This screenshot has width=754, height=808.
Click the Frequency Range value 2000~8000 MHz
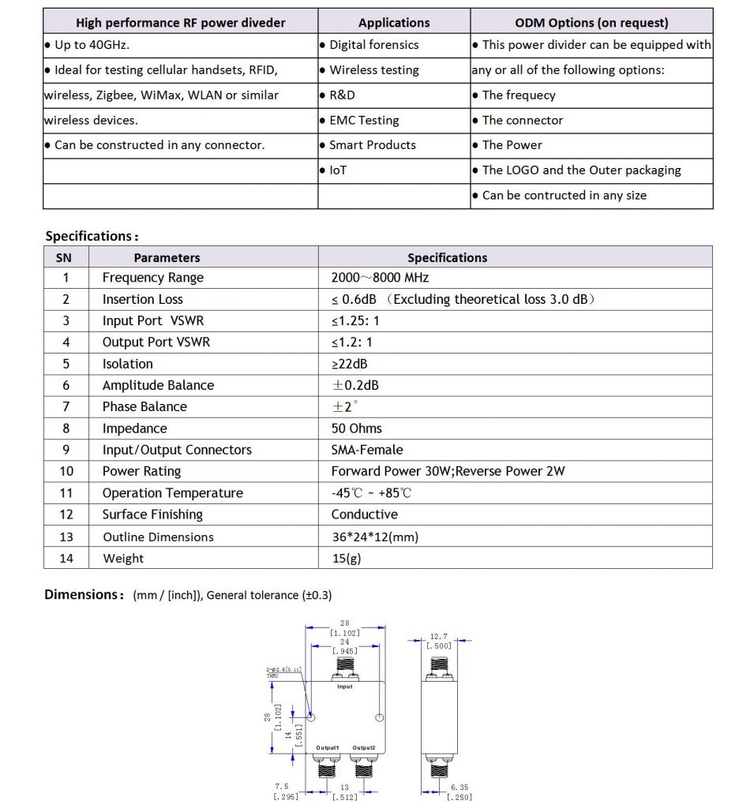pyautogui.click(x=380, y=278)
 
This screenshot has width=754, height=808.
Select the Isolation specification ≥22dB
pyautogui.click(x=349, y=364)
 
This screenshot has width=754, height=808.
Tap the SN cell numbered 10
pyautogui.click(x=66, y=471)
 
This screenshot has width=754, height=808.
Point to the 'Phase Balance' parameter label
pyautogui.click(x=144, y=406)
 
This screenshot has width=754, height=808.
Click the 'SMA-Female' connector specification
pyautogui.click(x=367, y=450)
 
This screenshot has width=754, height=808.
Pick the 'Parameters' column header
pyautogui.click(x=167, y=257)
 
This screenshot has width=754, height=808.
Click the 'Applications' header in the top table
pyautogui.click(x=394, y=23)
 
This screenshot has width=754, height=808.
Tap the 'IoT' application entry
pyautogui.click(x=337, y=170)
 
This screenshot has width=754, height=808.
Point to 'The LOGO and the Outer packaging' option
pyautogui.click(x=581, y=170)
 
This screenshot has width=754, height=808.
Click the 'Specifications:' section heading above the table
pyautogui.click(x=92, y=236)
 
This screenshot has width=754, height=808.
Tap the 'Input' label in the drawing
pyautogui.click(x=345, y=686)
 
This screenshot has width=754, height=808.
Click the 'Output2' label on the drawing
pyautogui.click(x=364, y=747)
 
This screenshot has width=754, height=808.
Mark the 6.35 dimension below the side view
pyautogui.click(x=459, y=787)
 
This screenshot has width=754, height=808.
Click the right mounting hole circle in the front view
pyautogui.click(x=380, y=718)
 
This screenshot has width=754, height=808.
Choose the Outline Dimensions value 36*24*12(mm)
pyautogui.click(x=374, y=537)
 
